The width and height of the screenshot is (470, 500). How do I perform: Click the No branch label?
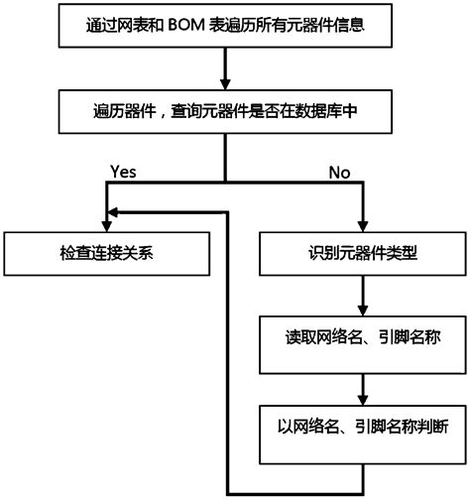(x=340, y=171)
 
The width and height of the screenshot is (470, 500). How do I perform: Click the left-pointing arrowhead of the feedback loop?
(x=113, y=210)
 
